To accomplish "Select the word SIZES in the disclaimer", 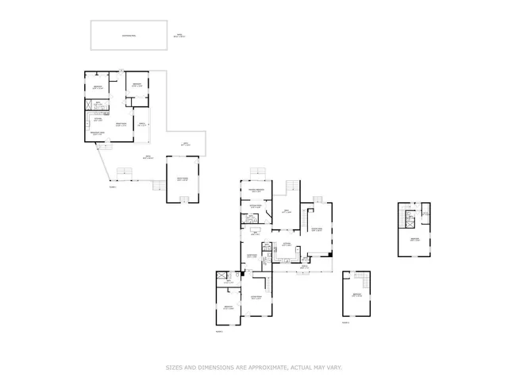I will (175, 367).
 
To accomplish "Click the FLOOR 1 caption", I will (113, 187).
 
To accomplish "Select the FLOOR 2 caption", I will (219, 330).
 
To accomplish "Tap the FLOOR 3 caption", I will (345, 323).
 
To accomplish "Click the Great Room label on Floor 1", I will (121, 125).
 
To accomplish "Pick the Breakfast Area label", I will (98, 134).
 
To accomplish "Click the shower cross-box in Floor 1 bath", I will (90, 104).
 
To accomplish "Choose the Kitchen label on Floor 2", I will (285, 244).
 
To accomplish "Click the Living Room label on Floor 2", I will (256, 298).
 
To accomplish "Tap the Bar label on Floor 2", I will (256, 233).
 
